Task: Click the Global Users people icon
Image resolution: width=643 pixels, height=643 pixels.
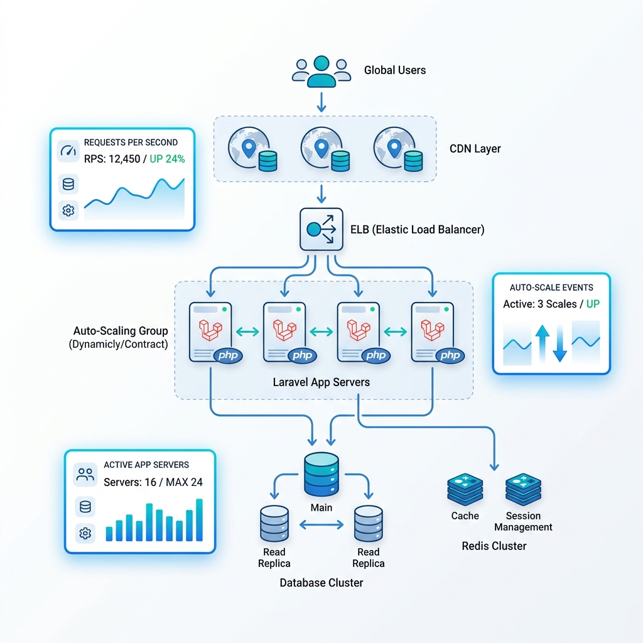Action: click(x=321, y=72)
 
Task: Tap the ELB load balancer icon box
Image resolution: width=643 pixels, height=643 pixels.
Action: click(x=321, y=229)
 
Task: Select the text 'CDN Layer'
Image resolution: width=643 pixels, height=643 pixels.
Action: click(x=475, y=148)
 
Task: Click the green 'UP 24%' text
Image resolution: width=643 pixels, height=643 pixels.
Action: click(x=167, y=159)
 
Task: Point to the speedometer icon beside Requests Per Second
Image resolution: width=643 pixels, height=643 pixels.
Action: click(x=68, y=151)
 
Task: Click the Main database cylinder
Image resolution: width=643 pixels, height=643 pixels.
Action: click(x=321, y=474)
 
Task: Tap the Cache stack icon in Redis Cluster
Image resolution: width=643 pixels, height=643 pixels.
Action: click(x=465, y=490)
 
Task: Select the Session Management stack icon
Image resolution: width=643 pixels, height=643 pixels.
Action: click(x=523, y=490)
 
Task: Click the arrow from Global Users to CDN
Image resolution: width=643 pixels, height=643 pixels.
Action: click(x=321, y=102)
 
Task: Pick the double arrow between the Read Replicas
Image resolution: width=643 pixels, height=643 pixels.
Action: click(x=321, y=524)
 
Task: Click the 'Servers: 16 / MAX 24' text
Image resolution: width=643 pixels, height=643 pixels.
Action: click(x=153, y=482)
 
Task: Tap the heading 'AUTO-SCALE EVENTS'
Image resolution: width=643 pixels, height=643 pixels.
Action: click(x=551, y=288)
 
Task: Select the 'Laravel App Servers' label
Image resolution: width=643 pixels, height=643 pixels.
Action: click(x=321, y=382)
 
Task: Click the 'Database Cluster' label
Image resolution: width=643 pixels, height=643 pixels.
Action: click(x=321, y=583)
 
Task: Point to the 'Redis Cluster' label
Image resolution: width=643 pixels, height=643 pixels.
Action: click(x=494, y=546)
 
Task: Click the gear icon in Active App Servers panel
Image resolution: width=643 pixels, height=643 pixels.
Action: click(x=85, y=533)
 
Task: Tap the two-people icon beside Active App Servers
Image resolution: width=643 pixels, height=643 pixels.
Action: click(x=85, y=475)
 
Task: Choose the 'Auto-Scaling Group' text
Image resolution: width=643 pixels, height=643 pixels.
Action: click(x=121, y=330)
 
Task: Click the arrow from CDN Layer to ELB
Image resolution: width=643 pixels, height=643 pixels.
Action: click(x=321, y=194)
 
